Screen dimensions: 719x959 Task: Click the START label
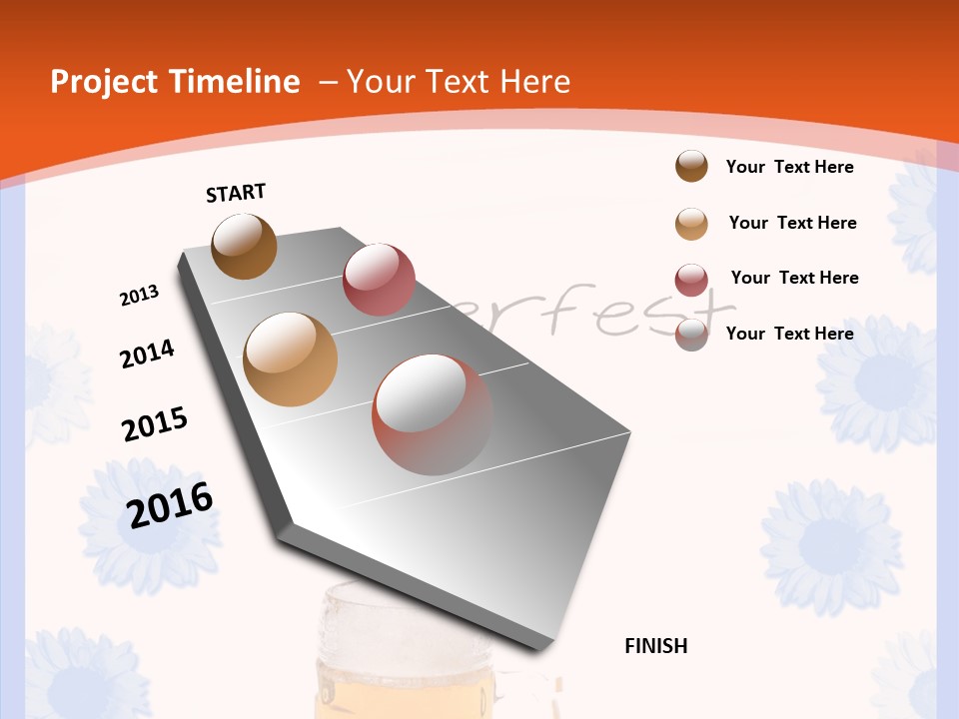pos(236,193)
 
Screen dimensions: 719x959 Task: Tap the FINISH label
pos(656,646)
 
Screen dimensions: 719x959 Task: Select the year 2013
pos(140,296)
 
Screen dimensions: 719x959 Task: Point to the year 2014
pos(147,354)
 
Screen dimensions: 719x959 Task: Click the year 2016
pos(170,504)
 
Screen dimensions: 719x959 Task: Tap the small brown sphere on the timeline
pos(244,246)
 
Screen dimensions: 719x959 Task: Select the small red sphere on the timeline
pos(379,280)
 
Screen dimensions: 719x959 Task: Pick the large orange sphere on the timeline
pos(291,359)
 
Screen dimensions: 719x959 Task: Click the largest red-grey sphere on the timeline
pos(433,414)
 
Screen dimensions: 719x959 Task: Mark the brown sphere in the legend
pos(691,166)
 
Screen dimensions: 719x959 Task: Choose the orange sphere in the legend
pos(691,224)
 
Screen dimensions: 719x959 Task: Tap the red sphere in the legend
pos(691,280)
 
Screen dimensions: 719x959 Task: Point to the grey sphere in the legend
pos(691,335)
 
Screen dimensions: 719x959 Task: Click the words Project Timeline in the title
pos(175,82)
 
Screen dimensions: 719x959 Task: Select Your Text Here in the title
pos(459,82)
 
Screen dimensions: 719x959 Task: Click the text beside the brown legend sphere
pos(789,167)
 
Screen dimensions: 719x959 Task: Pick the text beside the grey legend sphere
pos(789,334)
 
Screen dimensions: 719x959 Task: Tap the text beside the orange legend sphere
pos(792,223)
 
